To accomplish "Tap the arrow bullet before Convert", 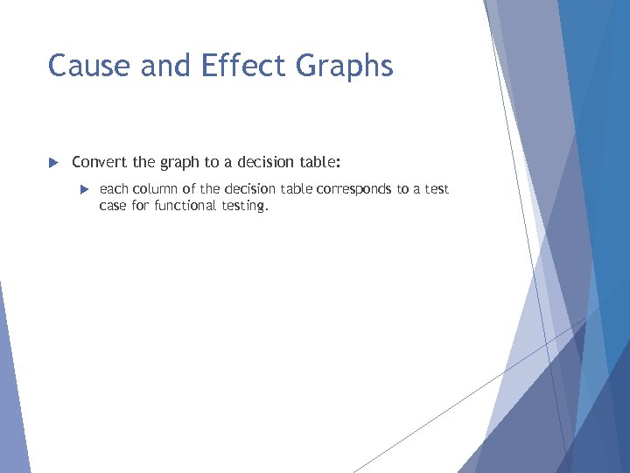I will coord(52,162).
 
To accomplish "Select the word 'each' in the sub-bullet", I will coord(114,189).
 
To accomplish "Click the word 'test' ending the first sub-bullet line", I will coord(436,189).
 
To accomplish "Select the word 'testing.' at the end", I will coord(245,207).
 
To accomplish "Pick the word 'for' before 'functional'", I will coord(143,206).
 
